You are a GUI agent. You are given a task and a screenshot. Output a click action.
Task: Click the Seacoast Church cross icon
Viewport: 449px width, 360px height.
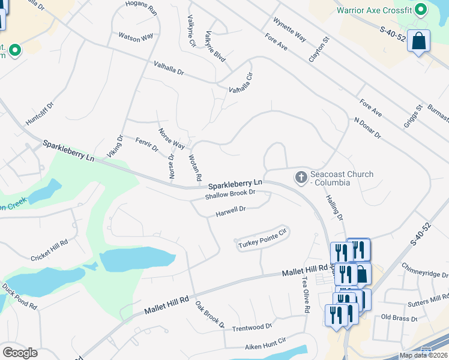coord(301,178)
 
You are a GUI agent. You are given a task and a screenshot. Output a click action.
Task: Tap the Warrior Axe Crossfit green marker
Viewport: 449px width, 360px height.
coord(421,10)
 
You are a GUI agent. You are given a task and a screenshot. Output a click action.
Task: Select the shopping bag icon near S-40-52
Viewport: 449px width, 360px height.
coord(419,41)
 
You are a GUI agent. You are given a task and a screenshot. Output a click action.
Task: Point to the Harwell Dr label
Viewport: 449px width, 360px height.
coord(231,210)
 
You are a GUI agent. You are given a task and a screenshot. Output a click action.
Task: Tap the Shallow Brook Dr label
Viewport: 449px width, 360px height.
coord(231,194)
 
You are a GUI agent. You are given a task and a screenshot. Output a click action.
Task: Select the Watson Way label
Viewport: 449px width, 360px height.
coord(136,38)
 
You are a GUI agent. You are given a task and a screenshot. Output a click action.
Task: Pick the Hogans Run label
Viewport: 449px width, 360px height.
coord(141,8)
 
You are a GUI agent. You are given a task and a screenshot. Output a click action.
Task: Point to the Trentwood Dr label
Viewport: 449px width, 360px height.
coord(252,328)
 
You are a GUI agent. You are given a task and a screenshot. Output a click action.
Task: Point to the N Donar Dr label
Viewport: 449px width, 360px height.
coord(367,128)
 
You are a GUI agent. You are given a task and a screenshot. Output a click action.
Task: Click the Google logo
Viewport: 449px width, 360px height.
coord(20,352)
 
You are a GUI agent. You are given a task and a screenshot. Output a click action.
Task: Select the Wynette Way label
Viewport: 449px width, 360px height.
coord(289,29)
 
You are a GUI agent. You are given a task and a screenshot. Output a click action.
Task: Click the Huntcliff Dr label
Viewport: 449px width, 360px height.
coord(40,113)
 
